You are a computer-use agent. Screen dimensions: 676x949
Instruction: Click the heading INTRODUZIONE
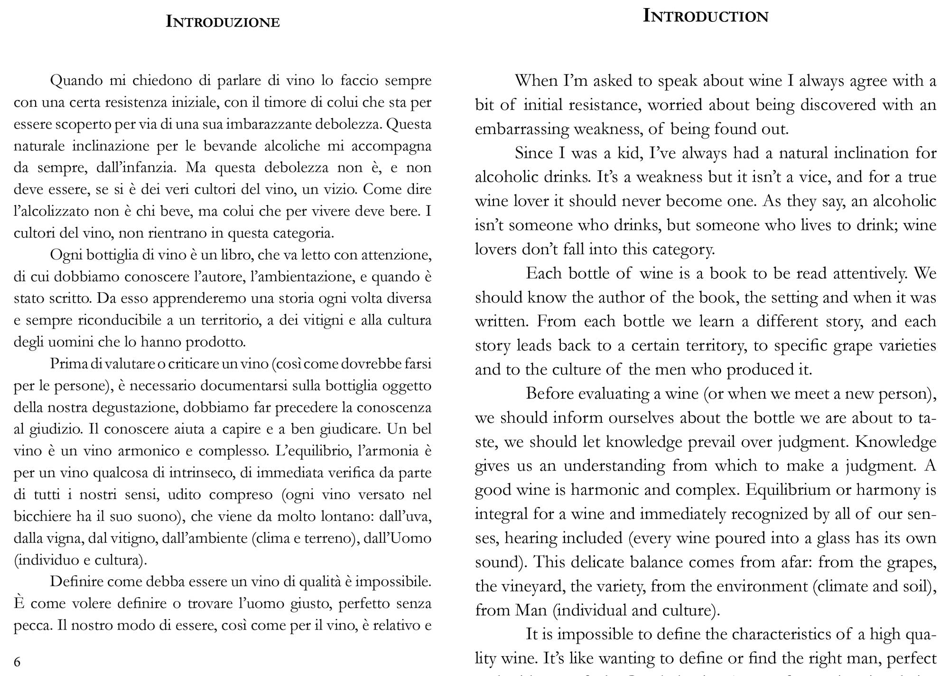223,22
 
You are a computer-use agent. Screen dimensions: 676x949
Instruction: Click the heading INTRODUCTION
705,16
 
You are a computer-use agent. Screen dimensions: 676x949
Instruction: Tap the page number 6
18,662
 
